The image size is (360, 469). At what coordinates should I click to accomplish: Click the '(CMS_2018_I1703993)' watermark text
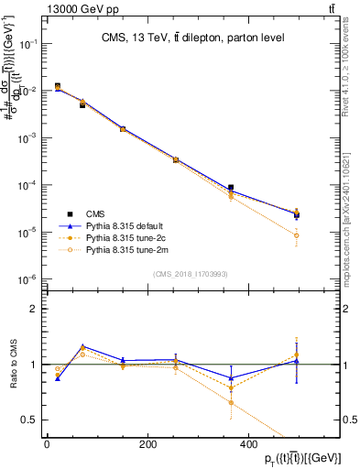tap(191, 272)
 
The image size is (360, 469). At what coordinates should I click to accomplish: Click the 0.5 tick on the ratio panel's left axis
tap(33, 420)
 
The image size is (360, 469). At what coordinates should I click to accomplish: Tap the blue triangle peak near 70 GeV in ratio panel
tap(83, 347)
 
